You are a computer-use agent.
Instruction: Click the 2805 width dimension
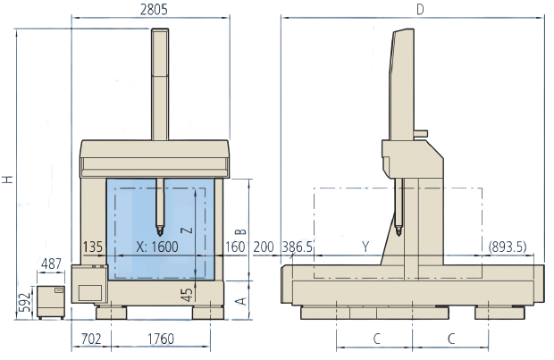[x=154, y=10]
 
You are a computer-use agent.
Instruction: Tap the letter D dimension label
[x=420, y=10]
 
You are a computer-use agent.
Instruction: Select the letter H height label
[x=8, y=180]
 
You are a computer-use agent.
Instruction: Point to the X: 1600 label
[x=157, y=247]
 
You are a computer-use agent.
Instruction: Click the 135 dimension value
[x=93, y=247]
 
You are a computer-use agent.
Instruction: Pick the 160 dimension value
[x=235, y=247]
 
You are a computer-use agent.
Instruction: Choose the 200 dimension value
[x=264, y=247]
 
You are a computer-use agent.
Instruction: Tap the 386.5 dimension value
[x=298, y=247]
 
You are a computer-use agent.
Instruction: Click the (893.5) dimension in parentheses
[x=508, y=247]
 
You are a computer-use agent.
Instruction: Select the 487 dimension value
[x=51, y=264]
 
